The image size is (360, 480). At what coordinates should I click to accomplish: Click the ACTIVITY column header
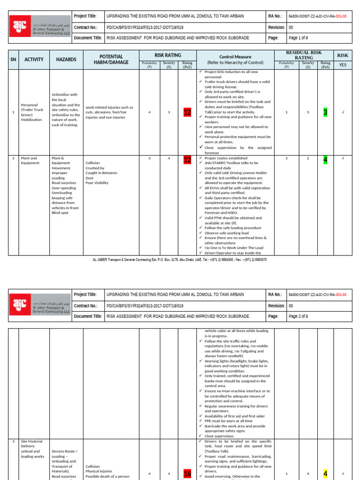tap(34, 60)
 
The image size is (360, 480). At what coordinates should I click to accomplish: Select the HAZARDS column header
tap(63, 60)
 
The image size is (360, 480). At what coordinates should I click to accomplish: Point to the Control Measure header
tap(235, 59)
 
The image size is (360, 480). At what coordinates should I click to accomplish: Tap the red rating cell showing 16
tap(187, 473)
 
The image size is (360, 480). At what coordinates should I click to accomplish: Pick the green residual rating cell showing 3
tap(325, 112)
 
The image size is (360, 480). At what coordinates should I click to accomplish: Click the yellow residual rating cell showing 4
tap(325, 474)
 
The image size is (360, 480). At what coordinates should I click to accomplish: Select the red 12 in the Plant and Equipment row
tap(187, 160)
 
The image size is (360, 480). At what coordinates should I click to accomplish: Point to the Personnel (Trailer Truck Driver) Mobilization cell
tap(31, 112)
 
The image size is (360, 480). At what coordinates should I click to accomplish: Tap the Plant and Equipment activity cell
tap(29, 161)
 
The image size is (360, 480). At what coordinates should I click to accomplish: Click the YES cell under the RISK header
tap(343, 65)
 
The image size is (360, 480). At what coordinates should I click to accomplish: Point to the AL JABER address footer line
tap(180, 259)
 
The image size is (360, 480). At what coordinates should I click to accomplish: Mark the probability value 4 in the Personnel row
tap(150, 112)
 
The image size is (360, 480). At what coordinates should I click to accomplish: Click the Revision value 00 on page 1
tap(291, 28)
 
